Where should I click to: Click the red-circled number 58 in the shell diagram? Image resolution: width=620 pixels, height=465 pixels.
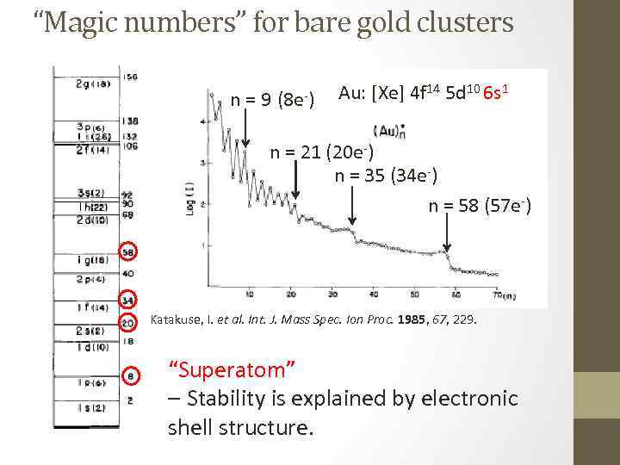coord(127,252)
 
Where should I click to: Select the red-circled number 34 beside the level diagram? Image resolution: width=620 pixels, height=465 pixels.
coord(127,301)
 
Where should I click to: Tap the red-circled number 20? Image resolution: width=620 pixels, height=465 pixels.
coord(127,323)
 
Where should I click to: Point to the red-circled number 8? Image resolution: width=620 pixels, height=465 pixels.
coord(129,375)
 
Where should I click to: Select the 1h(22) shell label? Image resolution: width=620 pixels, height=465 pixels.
coord(91,207)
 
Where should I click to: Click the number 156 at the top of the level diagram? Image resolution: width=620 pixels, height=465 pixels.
coord(130,77)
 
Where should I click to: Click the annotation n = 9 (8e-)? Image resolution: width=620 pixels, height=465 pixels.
coord(272,99)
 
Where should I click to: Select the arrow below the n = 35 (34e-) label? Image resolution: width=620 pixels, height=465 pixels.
coord(352,207)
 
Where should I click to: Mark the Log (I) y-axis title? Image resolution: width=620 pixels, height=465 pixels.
coord(189,199)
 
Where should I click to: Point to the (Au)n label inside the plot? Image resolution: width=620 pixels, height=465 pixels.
coord(390,131)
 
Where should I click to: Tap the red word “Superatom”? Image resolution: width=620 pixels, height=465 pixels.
coord(233,369)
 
